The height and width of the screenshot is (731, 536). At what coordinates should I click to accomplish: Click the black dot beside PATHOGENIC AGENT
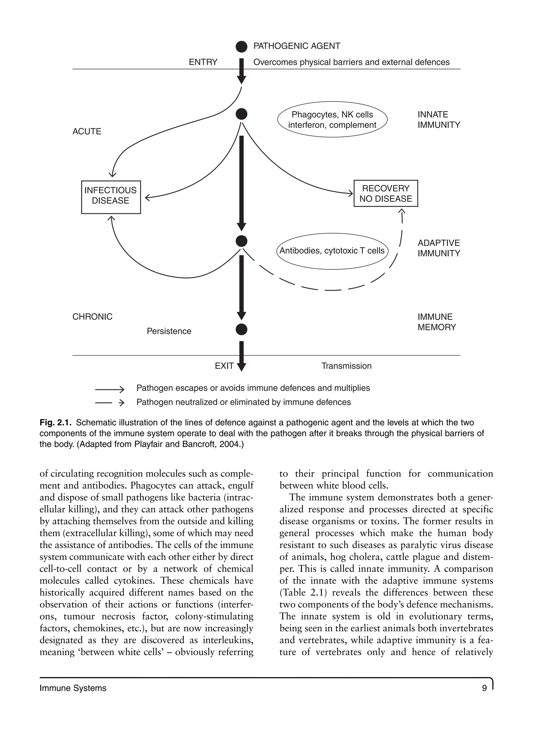click(241, 47)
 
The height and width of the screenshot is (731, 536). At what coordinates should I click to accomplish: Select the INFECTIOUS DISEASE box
click(111, 197)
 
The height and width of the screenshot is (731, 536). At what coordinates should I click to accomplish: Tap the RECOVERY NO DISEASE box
click(386, 194)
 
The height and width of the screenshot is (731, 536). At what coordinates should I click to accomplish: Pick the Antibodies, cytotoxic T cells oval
click(332, 251)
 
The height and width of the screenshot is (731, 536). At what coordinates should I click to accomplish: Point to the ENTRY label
click(203, 62)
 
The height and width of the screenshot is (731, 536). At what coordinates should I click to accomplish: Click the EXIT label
click(224, 366)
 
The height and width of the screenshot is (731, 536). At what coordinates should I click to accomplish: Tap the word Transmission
click(346, 366)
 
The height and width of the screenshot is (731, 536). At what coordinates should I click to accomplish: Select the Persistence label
click(169, 331)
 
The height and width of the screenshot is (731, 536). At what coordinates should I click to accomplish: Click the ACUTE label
click(87, 131)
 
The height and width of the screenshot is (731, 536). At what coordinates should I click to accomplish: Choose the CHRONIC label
click(92, 317)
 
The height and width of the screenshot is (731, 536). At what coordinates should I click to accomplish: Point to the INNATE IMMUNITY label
click(439, 119)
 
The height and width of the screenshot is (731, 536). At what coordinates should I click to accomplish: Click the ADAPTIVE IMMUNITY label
click(439, 248)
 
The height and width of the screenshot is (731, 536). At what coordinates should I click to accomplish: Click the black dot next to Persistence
click(241, 329)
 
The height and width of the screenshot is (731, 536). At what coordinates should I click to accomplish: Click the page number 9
click(484, 688)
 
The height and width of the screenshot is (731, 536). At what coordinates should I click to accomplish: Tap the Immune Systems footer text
click(73, 688)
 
